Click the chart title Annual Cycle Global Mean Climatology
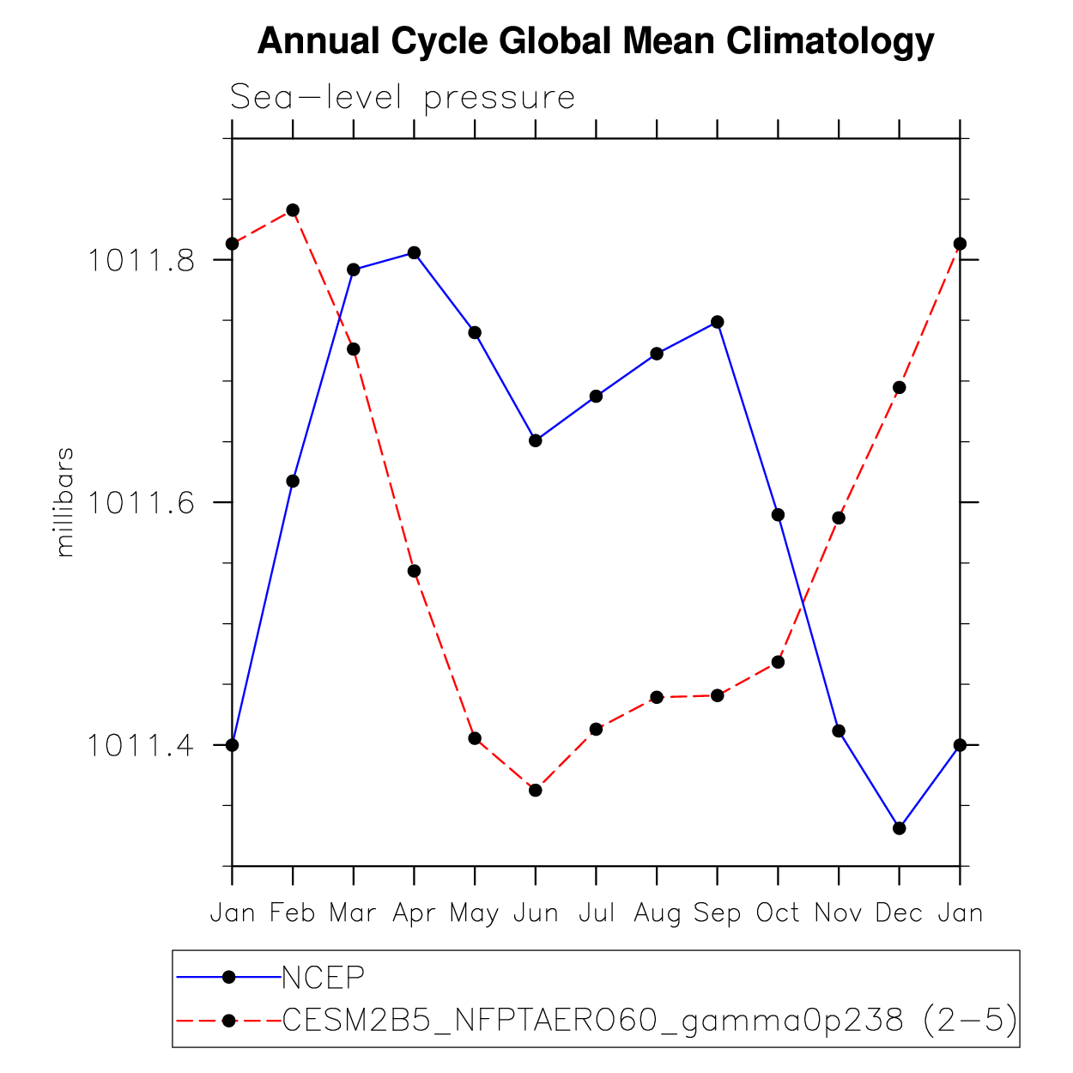596,41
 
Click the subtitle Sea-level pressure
403,98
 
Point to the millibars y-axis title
64,502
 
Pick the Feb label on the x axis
293,912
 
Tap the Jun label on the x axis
536,912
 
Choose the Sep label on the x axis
718,912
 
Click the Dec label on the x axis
899,912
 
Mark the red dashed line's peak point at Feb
293,210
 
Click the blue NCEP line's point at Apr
415,252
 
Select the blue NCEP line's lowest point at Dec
899,828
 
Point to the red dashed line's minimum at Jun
536,790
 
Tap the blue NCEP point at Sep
718,322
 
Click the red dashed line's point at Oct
778,662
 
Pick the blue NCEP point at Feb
293,481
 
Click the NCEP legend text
324,977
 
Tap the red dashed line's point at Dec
899,388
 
